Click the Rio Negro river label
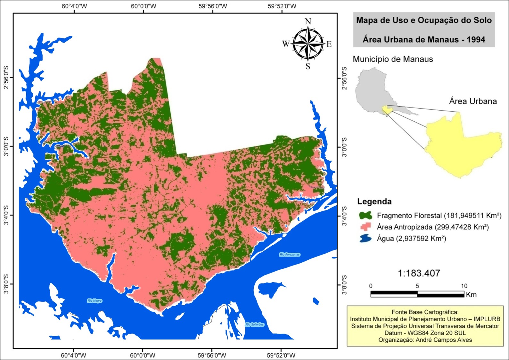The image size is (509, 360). pos(94,301)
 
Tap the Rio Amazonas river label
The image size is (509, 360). pos(290,255)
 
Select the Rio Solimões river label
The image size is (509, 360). pos(255,324)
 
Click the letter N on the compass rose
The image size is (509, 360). pos(308,21)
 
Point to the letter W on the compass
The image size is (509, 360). pos(286,44)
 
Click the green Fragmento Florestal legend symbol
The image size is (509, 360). pos(365,215)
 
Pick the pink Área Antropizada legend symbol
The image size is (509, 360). pos(365,227)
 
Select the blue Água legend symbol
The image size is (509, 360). pos(365,239)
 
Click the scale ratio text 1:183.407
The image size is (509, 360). pos(419,273)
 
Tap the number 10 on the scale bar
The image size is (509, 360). pos(464,286)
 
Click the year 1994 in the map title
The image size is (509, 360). pos(475,40)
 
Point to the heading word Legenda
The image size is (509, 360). pos(374,201)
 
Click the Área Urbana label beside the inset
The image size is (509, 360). pos(473,101)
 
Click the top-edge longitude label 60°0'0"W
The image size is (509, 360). pos(143,6)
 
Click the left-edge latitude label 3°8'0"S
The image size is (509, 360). pos(6,284)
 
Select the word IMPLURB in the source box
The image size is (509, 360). pos(487,319)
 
